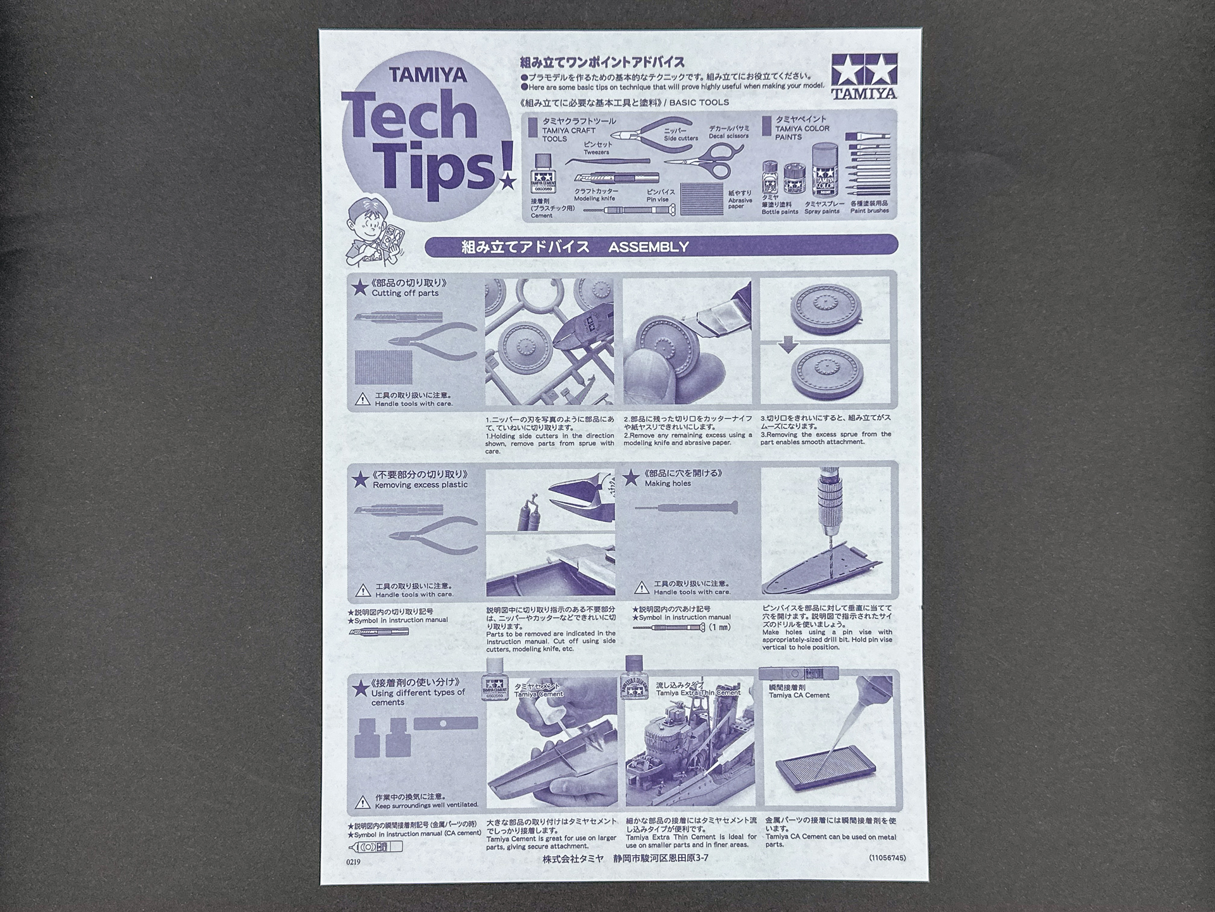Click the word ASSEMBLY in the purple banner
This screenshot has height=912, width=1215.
(x=648, y=247)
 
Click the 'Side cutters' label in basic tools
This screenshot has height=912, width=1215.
(x=681, y=138)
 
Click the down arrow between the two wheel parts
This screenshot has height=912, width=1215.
(x=787, y=345)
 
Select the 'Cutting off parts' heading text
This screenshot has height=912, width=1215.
(x=405, y=293)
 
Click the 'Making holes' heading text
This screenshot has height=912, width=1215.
(x=668, y=483)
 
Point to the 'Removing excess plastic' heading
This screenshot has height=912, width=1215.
(x=420, y=484)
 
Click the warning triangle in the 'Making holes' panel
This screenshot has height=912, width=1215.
(x=641, y=588)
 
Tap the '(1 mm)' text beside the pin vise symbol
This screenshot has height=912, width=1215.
(x=720, y=627)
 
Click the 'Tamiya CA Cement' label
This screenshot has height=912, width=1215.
(x=799, y=695)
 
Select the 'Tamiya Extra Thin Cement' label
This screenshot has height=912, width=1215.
(x=698, y=693)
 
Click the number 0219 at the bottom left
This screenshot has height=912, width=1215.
(x=353, y=862)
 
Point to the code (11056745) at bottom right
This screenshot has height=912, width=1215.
(x=887, y=858)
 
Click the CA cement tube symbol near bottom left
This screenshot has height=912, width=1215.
(x=374, y=847)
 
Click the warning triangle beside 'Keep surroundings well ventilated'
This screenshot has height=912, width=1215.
(x=363, y=802)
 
